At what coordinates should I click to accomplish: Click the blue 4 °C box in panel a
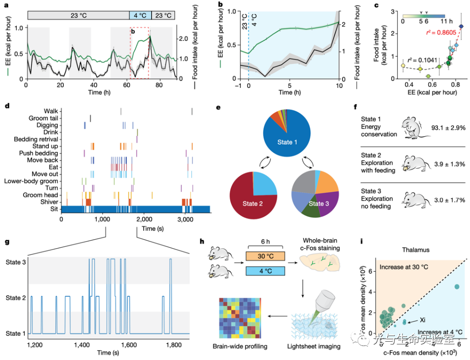140,15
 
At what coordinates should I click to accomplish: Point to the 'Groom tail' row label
43,118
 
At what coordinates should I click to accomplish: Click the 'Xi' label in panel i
422,319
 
